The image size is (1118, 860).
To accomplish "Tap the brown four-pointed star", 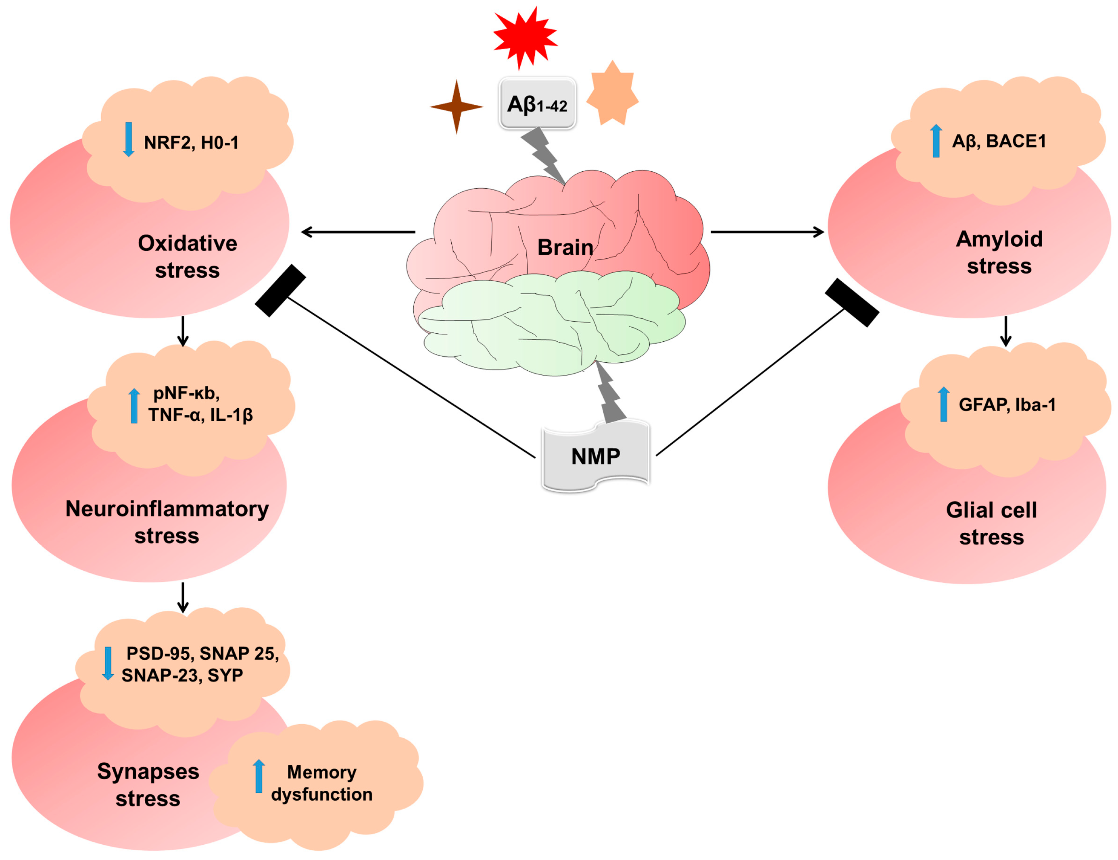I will click(456, 107).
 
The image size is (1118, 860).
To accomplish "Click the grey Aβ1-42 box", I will click(537, 103).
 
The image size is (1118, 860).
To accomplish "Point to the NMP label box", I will click(595, 456).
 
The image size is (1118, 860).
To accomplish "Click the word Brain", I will click(565, 247).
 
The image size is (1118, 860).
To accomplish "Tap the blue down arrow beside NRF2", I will click(129, 139).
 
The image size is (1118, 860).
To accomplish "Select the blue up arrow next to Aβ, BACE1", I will click(936, 141).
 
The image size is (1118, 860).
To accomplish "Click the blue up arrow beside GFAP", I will click(943, 404).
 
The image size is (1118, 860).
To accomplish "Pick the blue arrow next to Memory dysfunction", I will click(259, 776).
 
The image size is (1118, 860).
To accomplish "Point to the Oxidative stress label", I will click(188, 256).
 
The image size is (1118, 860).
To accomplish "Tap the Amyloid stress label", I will click(999, 252).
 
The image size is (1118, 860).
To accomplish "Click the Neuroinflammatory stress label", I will click(167, 522).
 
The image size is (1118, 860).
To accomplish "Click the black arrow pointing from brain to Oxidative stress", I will click(358, 232).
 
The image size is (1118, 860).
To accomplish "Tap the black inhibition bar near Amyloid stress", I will click(852, 302).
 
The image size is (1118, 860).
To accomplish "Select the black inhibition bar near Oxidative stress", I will click(281, 290).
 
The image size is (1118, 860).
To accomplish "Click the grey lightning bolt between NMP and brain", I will click(610, 393).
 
